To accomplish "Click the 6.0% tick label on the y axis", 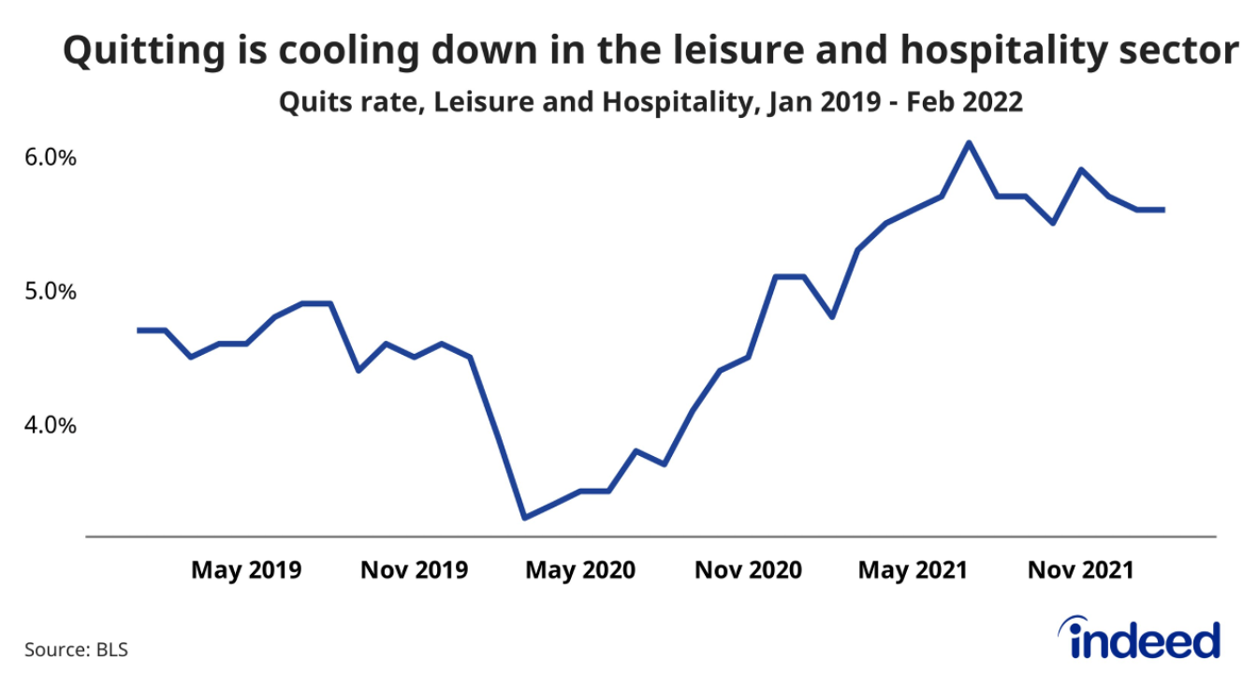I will tap(50, 157).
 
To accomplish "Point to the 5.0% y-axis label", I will tap(50, 291).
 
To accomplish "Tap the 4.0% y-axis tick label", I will tap(50, 425).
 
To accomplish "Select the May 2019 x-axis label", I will tap(246, 569).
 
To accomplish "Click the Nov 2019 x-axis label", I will tap(414, 569).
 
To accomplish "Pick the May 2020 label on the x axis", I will tap(580, 569).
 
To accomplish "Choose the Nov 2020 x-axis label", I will tap(748, 569).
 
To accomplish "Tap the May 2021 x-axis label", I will tap(913, 569).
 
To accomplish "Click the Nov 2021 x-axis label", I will tap(1080, 569).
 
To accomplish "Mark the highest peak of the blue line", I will tap(969, 143).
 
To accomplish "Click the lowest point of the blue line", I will tap(525, 517).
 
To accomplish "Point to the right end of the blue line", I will tap(1163, 210).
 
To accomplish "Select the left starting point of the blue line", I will tap(139, 330).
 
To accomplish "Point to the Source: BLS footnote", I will tap(76, 649).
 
